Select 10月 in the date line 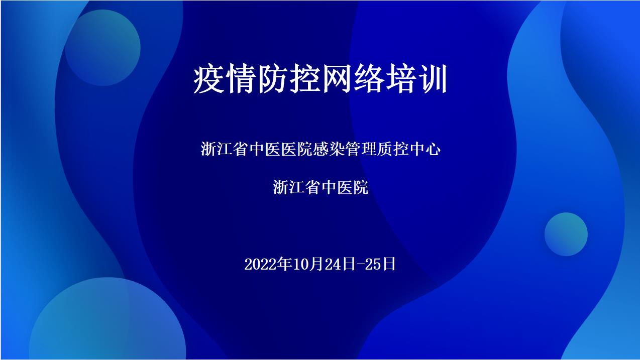pos(305,264)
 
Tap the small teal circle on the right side pos(566,234)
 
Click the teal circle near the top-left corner pos(102,48)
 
